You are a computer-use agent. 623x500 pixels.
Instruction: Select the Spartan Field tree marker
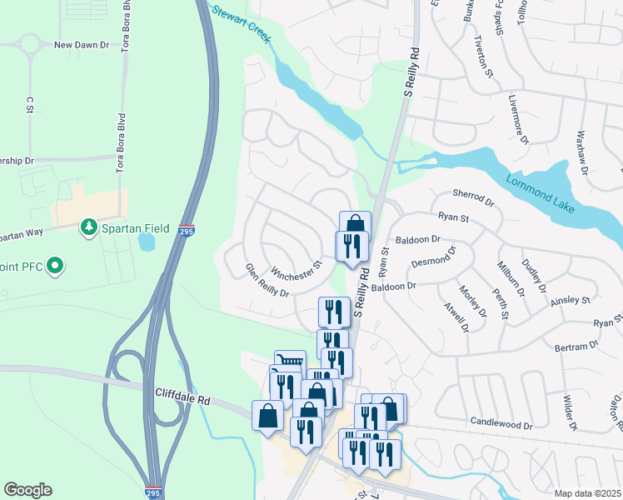87,227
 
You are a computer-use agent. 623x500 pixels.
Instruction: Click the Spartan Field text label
136,228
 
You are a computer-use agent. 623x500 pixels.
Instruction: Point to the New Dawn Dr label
82,45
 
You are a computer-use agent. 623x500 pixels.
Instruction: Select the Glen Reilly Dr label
267,281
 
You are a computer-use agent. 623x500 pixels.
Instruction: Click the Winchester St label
297,269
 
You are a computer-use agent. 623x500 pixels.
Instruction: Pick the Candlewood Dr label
501,424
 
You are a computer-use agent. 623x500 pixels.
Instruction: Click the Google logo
27,490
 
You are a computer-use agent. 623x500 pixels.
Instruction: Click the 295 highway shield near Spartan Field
186,231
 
